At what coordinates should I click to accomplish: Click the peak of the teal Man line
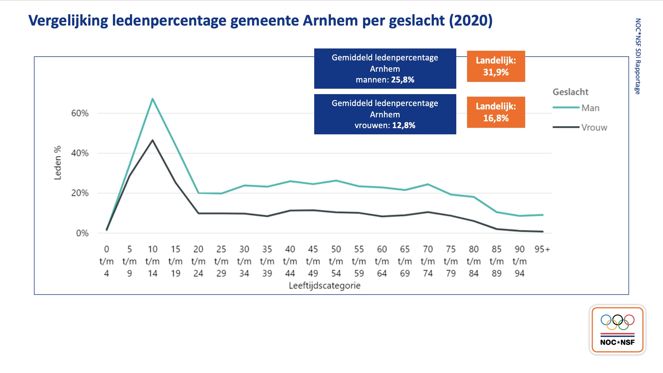[x=153, y=99]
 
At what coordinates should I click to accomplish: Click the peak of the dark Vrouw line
[x=153, y=140]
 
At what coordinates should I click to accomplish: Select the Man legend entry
[x=590, y=108]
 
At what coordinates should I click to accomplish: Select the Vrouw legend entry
[x=594, y=128]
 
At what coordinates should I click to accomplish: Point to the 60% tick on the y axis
[x=80, y=113]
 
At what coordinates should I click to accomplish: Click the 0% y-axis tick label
[x=82, y=233]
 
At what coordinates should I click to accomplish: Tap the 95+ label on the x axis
[x=542, y=249]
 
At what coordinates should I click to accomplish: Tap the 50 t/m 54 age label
[x=336, y=261]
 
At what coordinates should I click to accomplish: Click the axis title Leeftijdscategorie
[x=324, y=286]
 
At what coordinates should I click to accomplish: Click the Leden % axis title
[x=58, y=163]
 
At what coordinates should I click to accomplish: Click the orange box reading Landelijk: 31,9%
[x=496, y=66]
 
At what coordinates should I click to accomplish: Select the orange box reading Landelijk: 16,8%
[x=496, y=112]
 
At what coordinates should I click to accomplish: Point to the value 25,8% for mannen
[x=403, y=80]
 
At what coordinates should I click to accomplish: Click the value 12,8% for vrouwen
[x=404, y=126]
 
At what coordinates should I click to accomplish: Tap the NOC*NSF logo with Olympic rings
[x=617, y=330]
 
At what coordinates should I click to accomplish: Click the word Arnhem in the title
[x=330, y=21]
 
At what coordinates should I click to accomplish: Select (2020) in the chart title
[x=471, y=21]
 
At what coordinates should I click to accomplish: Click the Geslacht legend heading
[x=570, y=92]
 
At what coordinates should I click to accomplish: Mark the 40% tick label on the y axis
[x=80, y=153]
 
